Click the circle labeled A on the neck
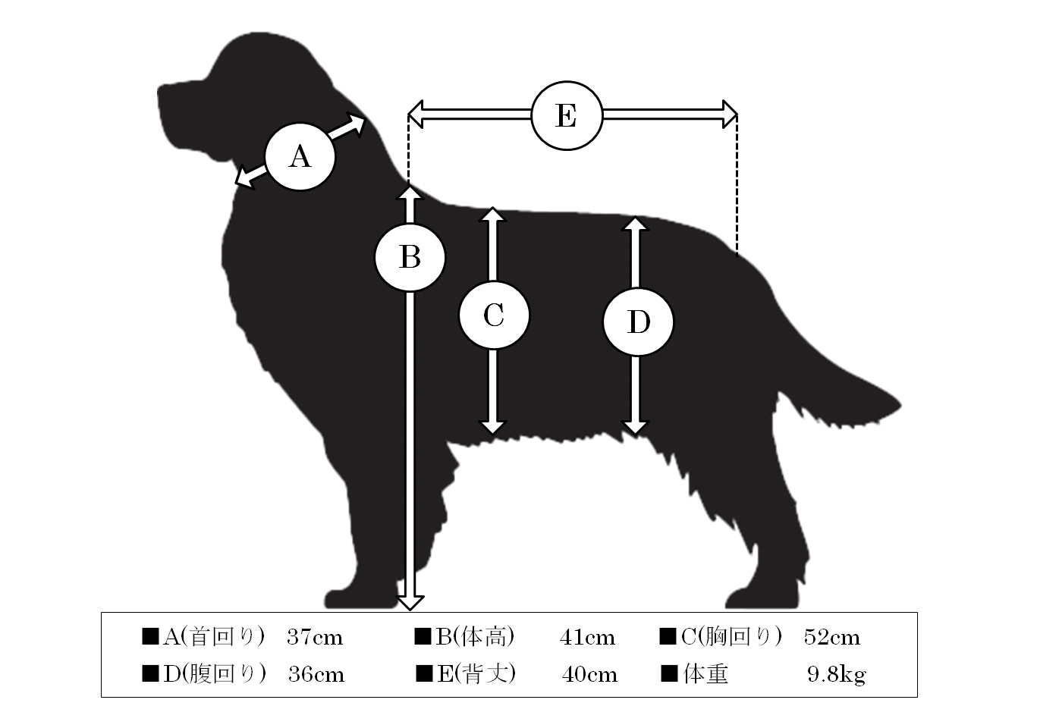point(300,157)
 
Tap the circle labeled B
point(410,258)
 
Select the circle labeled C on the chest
point(494,315)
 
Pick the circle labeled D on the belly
point(638,322)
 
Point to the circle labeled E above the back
point(567,116)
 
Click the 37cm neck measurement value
point(315,638)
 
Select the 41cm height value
point(588,638)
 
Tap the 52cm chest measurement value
point(832,638)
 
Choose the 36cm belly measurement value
point(316,675)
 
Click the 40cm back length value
point(589,675)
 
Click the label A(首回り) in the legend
point(214,637)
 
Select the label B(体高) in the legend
point(475,637)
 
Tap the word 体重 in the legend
point(705,675)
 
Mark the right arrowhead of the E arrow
point(730,115)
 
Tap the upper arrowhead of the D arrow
point(635,224)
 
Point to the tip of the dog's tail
point(900,406)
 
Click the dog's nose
point(161,95)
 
